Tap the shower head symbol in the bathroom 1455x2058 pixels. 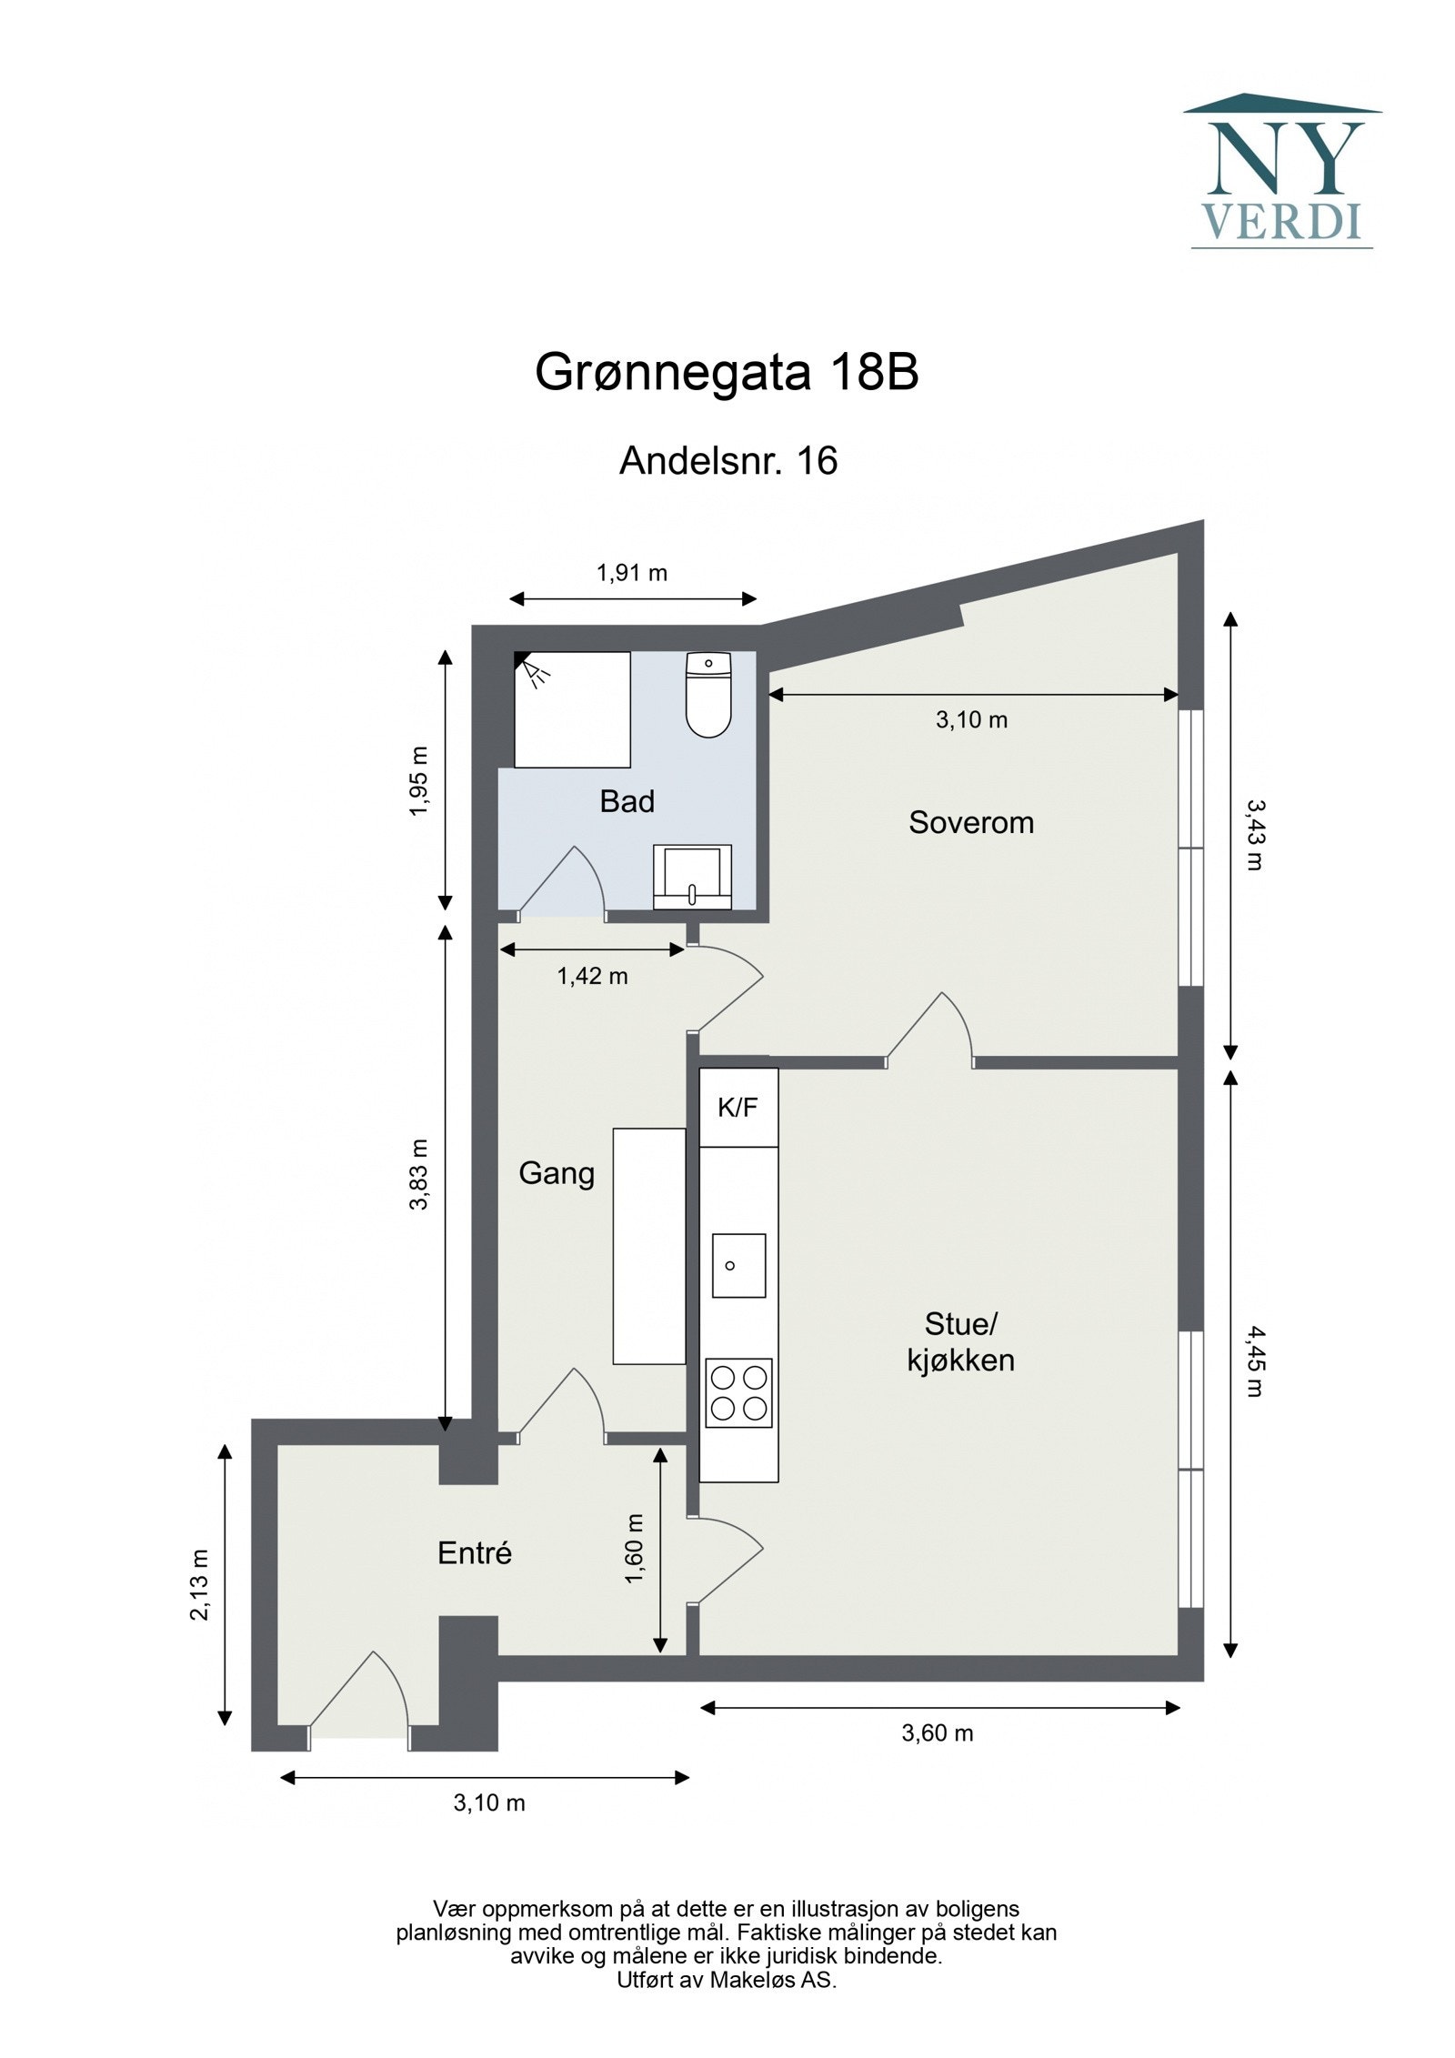pyautogui.click(x=535, y=669)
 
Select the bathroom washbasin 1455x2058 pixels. pyautogui.click(x=692, y=876)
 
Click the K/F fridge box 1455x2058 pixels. pyautogui.click(x=738, y=1107)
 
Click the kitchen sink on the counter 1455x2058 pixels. pyautogui.click(x=738, y=1265)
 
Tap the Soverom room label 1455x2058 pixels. pyautogui.click(x=970, y=822)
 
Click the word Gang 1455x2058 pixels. pyautogui.click(x=556, y=1172)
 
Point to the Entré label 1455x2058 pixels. pyautogui.click(x=474, y=1552)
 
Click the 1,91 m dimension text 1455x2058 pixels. pyautogui.click(x=631, y=573)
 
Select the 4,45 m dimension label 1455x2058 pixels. pyautogui.click(x=1254, y=1360)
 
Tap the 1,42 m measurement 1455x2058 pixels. pyautogui.click(x=592, y=976)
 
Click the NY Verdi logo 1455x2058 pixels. pyautogui.click(x=1281, y=172)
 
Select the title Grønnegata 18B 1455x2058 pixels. pyautogui.click(x=726, y=372)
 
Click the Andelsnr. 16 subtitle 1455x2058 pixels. pyautogui.click(x=727, y=461)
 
